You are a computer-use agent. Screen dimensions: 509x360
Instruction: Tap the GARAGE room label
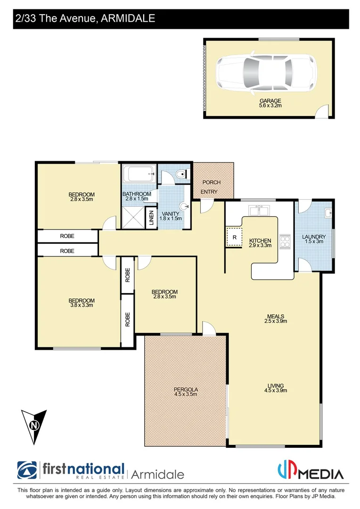coord(270,101)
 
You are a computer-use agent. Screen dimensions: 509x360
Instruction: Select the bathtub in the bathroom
coord(139,175)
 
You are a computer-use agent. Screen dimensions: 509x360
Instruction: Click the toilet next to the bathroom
coord(180,175)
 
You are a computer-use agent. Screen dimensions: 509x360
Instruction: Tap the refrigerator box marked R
coord(234,237)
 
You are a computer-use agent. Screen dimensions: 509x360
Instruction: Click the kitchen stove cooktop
coord(285,241)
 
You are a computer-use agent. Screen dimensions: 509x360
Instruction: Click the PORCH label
coord(211,182)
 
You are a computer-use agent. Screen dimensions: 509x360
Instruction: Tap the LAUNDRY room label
coord(314,237)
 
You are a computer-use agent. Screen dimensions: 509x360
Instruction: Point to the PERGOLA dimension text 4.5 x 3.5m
coord(185,394)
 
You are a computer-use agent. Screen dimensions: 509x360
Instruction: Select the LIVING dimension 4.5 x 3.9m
coord(276,390)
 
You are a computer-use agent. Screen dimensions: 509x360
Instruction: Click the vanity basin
coord(185,206)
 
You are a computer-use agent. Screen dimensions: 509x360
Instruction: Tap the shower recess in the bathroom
coord(133,218)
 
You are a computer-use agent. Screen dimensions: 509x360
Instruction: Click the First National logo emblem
coord(27,470)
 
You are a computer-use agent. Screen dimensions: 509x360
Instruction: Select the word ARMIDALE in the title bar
coord(128,19)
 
